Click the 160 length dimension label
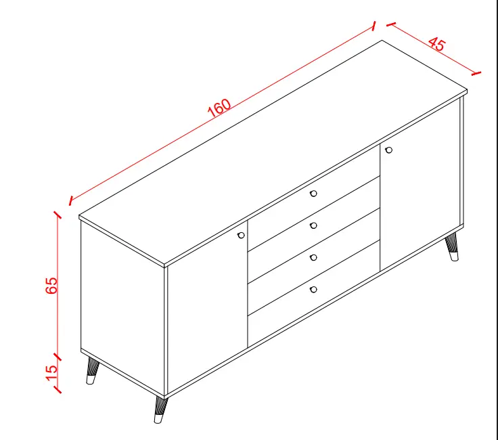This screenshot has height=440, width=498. pyautogui.click(x=219, y=108)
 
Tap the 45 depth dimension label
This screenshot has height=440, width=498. pyautogui.click(x=437, y=44)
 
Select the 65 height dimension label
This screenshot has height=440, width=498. pyautogui.click(x=51, y=285)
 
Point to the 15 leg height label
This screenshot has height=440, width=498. pyautogui.click(x=51, y=372)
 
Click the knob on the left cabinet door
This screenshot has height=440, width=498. pyautogui.click(x=241, y=235)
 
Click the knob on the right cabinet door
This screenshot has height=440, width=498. pyautogui.click(x=388, y=150)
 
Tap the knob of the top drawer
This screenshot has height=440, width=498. pyautogui.click(x=313, y=194)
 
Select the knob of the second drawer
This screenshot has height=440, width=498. pyautogui.click(x=313, y=225)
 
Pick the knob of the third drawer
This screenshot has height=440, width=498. pyautogui.click(x=313, y=257)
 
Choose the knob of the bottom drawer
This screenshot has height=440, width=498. pyautogui.click(x=313, y=290)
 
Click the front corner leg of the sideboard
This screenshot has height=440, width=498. pyautogui.click(x=161, y=410)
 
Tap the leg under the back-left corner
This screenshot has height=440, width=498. pyautogui.click(x=92, y=371)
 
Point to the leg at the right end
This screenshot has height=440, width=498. pyautogui.click(x=452, y=246)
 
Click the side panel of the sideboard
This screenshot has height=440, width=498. pyautogui.click(x=122, y=308)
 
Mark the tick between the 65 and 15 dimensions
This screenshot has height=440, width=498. pyautogui.click(x=57, y=357)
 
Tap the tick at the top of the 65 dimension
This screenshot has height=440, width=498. pyautogui.click(x=57, y=215)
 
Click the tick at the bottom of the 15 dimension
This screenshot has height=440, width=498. pyautogui.click(x=57, y=390)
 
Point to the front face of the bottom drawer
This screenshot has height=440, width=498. pyautogui.click(x=314, y=294)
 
